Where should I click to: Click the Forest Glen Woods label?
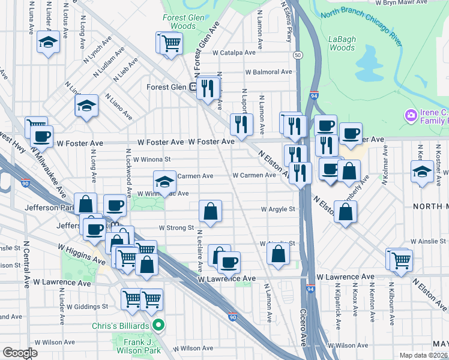point(183,22)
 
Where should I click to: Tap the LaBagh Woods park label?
point(342,43)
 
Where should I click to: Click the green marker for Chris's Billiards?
point(158,326)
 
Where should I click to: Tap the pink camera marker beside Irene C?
point(411,114)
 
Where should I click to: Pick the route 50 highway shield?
point(298,55)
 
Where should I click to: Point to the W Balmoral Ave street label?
point(268,72)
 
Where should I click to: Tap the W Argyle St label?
point(278,209)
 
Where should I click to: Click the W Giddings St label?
point(87,306)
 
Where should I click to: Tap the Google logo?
point(20,353)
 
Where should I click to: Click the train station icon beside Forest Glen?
point(194,87)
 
